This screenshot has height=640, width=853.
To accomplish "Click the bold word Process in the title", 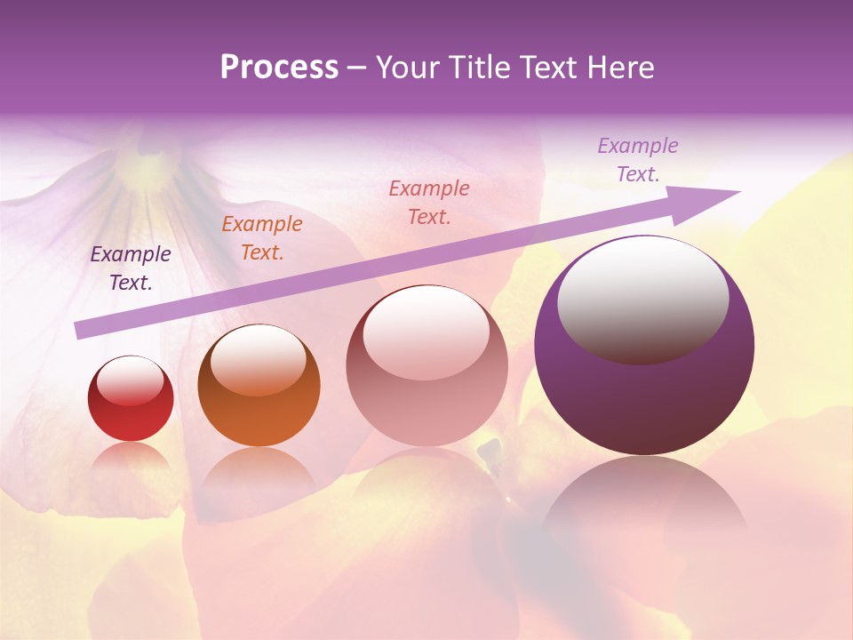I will click(x=279, y=68).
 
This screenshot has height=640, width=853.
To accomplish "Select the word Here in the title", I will click(x=621, y=68).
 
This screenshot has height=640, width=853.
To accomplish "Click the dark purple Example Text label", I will click(x=131, y=268).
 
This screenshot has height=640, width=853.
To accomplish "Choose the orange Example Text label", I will click(x=262, y=238).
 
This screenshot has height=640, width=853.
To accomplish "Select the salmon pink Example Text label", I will click(x=429, y=202).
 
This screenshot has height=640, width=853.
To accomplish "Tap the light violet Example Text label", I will click(x=637, y=160).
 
